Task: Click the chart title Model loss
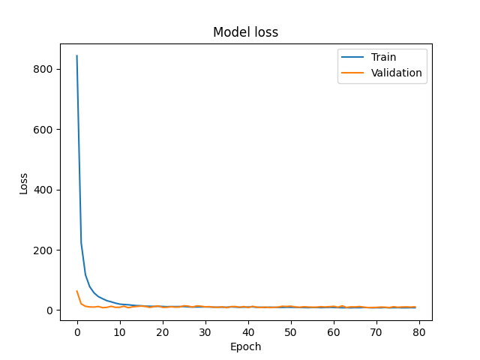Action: (x=246, y=32)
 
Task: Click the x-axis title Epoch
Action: (x=246, y=346)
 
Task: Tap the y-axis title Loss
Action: (x=23, y=182)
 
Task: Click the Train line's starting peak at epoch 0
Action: (x=77, y=56)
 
